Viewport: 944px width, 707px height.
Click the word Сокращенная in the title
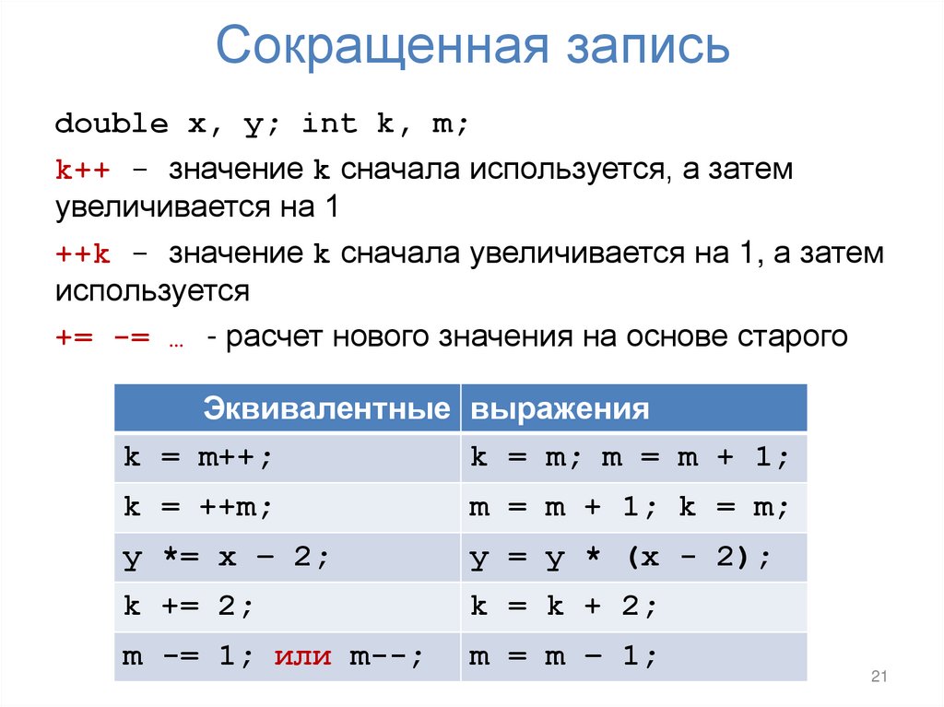click(378, 49)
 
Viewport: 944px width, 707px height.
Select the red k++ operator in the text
click(82, 171)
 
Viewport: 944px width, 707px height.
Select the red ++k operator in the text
click(82, 253)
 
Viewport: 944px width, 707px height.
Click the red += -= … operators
click(119, 336)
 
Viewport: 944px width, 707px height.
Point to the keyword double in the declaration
click(112, 124)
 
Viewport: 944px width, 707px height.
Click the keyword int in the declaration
click(329, 124)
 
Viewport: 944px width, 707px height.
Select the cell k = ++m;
click(198, 507)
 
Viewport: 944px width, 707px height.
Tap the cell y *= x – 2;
click(226, 558)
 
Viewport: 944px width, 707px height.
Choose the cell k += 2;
click(188, 607)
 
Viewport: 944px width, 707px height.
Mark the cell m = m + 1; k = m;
click(630, 507)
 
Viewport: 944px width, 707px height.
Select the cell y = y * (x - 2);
click(619, 558)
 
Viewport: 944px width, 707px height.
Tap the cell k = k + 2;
click(562, 607)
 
